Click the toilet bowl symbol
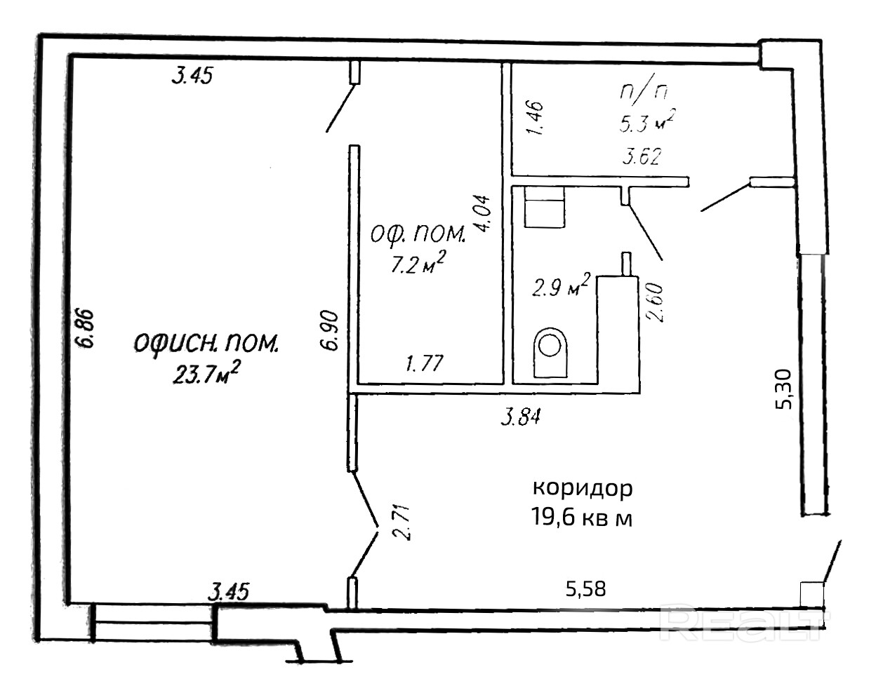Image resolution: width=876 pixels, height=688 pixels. tap(551, 353)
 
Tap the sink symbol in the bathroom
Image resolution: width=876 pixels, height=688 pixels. tap(544, 208)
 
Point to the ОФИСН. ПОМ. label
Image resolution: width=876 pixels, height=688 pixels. tap(206, 344)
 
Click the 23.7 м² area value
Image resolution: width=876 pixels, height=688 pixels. tap(206, 373)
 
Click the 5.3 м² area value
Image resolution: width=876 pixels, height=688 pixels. tap(647, 120)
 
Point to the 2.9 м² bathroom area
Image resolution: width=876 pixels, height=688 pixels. tap(562, 285)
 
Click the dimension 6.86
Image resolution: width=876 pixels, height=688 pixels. tap(85, 328)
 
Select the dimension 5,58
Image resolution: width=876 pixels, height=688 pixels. tap(586, 589)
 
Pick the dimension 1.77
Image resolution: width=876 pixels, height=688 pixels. tap(425, 363)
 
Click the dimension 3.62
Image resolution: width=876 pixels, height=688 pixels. tap(642, 156)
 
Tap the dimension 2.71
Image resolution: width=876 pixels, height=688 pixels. tap(401, 522)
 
